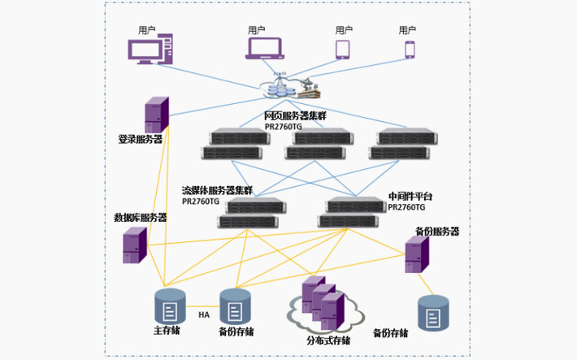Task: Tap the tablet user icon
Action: pos(343,50)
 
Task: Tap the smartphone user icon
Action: pos(409,50)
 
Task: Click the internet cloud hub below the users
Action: pos(289,85)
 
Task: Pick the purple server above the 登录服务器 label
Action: pos(157,115)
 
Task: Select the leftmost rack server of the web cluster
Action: pos(236,145)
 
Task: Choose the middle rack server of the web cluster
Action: pos(319,145)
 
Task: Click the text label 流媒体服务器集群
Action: pos(217,190)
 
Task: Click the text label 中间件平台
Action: pos(410,197)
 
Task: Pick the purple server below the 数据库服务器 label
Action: pos(135,244)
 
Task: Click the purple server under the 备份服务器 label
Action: pos(417,254)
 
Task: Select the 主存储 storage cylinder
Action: pos(170,307)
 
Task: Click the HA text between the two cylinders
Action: pos(204,314)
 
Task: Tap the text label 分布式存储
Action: pos(328,340)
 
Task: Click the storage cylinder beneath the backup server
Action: pos(433,313)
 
